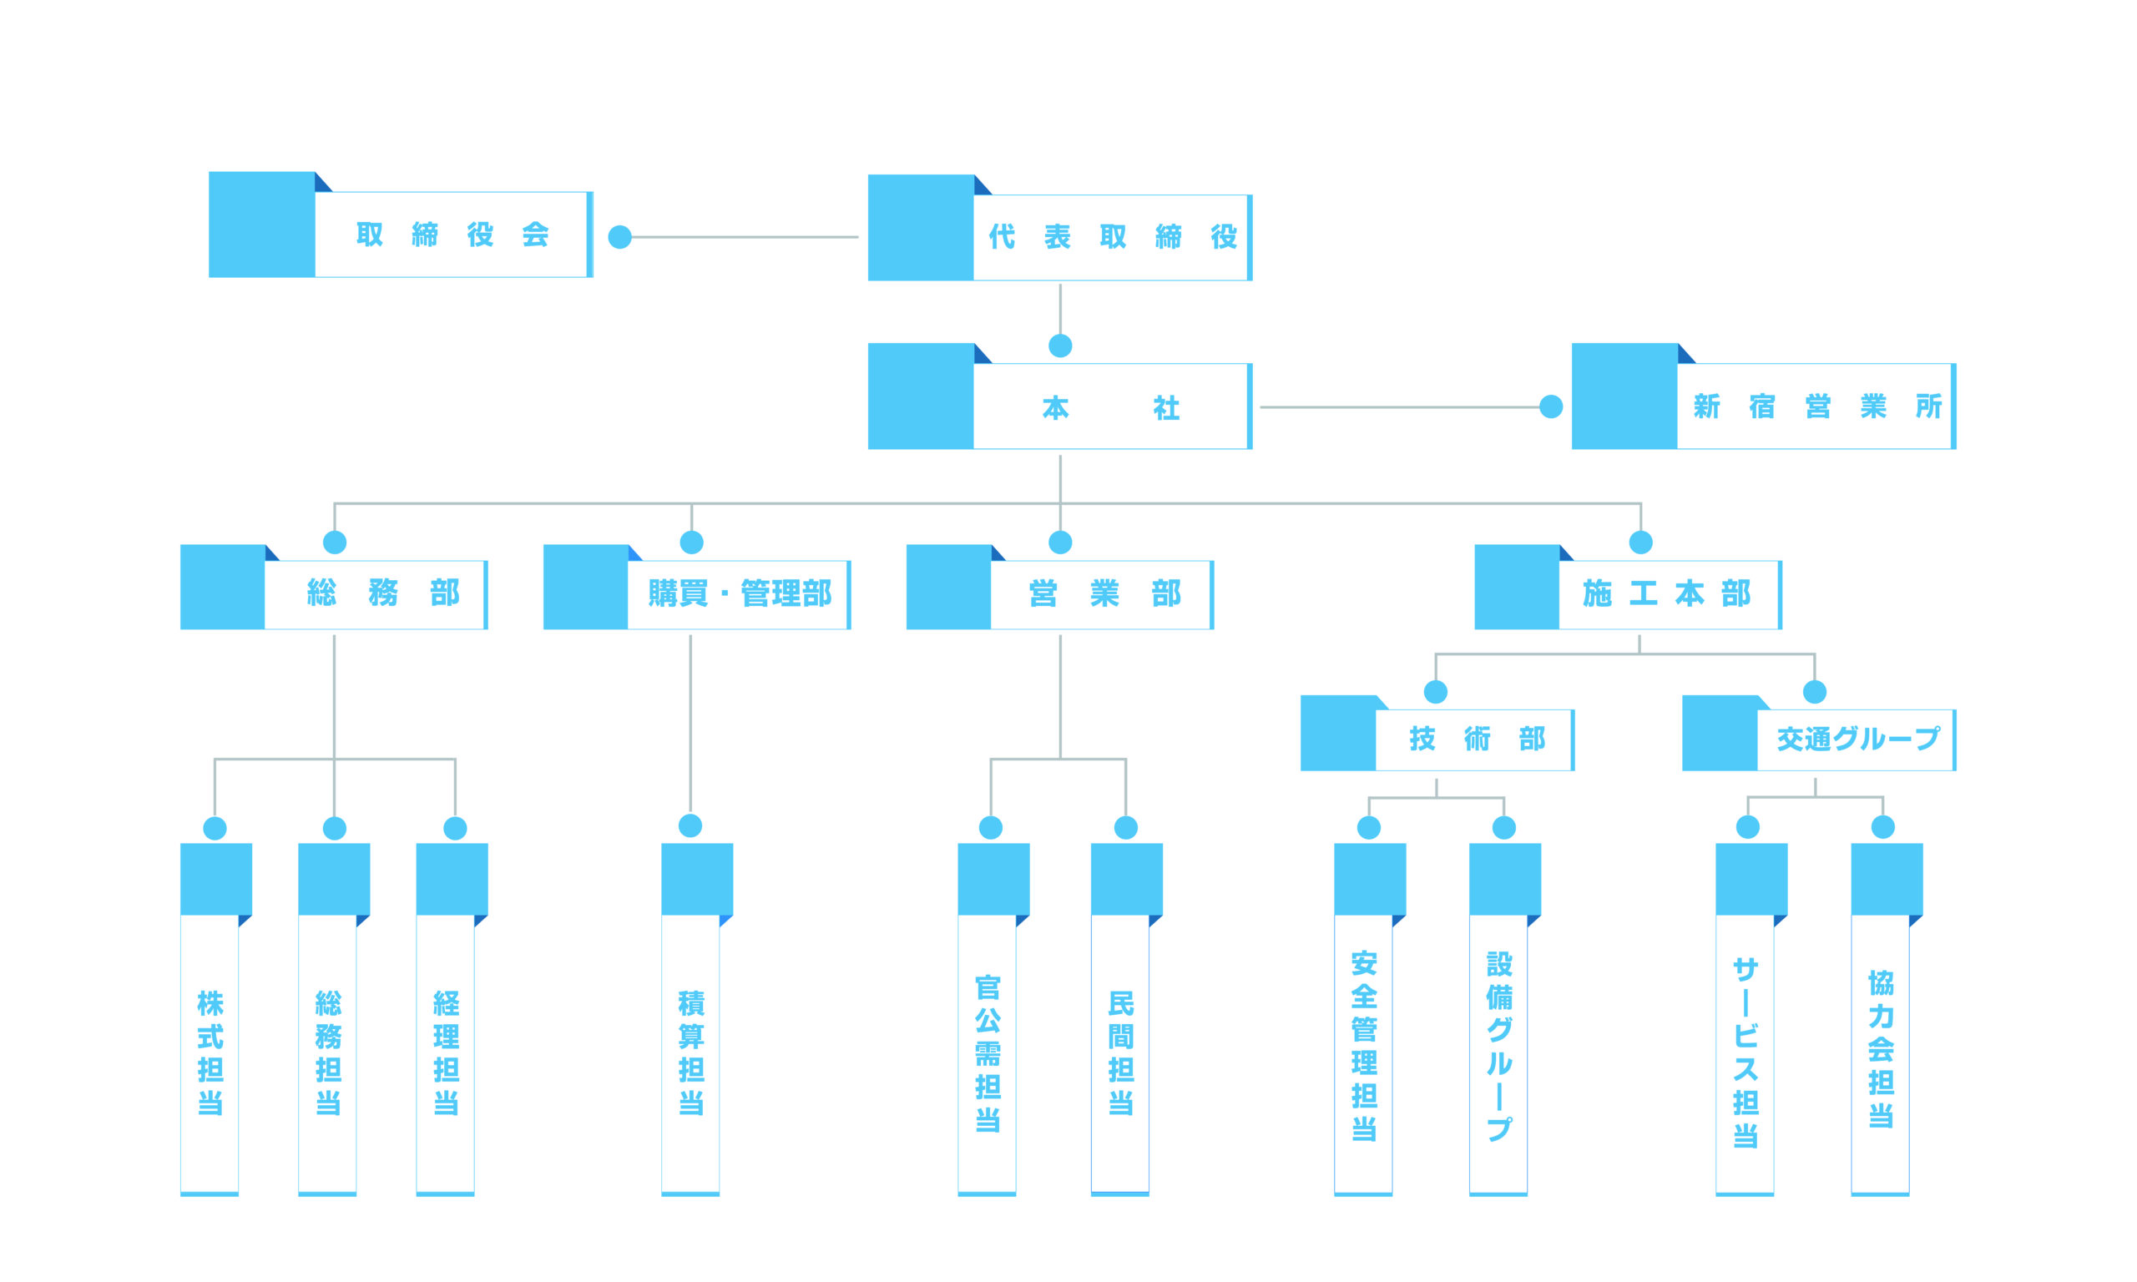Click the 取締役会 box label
[452, 234]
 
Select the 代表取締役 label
[1112, 237]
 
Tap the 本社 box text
[1110, 408]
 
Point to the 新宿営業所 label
[1816, 406]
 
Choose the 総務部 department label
[382, 593]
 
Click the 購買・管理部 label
[740, 593]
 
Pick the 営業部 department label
[1103, 593]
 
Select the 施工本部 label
[1666, 593]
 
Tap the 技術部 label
[1476, 739]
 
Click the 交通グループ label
[1857, 739]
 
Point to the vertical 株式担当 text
[210, 1052]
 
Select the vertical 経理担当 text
[446, 1052]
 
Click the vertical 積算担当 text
[691, 1052]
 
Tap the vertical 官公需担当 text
[988, 1052]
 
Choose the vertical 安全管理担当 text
[1364, 1045]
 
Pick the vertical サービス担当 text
[1745, 1052]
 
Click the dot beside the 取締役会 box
[619, 237]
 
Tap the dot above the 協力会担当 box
[1882, 827]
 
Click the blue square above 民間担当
[1125, 879]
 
